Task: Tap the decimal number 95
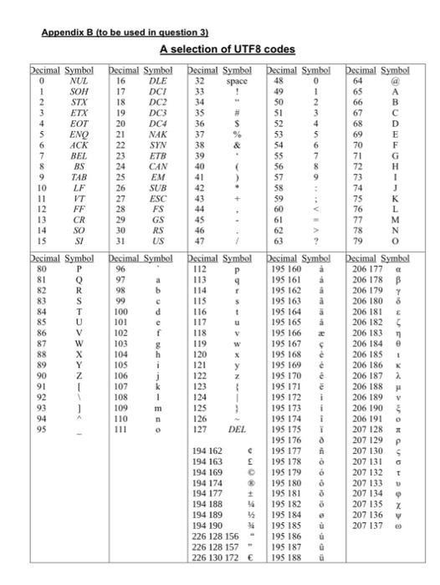[x=40, y=430]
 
